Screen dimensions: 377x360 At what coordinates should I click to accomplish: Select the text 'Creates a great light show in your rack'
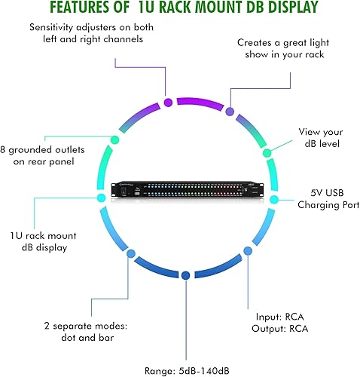[x=282, y=49]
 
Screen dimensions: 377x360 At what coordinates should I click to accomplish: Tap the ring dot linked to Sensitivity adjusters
[x=168, y=102]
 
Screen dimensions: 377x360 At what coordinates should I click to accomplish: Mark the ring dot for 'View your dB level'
[x=266, y=153]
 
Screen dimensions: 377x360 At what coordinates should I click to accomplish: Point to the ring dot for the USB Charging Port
[x=274, y=200]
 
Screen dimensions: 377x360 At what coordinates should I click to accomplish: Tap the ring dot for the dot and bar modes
[x=131, y=254]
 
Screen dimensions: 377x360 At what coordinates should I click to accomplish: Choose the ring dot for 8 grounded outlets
[x=114, y=139]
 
